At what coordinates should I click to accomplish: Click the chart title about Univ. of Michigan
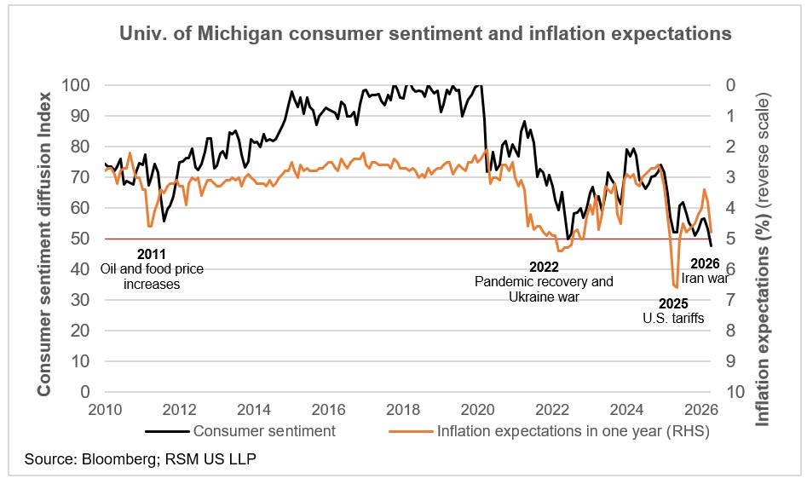[424, 34]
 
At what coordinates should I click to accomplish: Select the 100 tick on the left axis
[77, 85]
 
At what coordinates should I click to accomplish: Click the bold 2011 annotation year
[152, 254]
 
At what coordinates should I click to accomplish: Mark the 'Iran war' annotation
[705, 278]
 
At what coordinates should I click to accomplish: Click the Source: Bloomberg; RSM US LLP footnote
[141, 460]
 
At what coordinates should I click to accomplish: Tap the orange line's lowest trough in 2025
[675, 287]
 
